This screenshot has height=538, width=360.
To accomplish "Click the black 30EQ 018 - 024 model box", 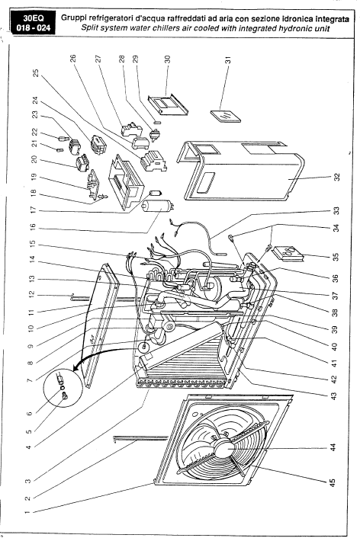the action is (33, 23).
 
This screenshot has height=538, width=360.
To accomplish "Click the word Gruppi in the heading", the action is (72, 19).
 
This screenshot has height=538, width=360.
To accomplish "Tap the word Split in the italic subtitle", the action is (89, 28).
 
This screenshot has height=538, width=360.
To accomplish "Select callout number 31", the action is (227, 60).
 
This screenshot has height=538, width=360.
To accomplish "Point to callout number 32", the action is (336, 177).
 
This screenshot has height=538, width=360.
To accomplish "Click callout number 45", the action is (333, 482).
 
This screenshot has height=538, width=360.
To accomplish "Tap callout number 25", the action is (35, 73).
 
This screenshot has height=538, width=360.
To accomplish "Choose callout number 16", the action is (32, 227).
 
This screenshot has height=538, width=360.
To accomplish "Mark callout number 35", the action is (336, 257).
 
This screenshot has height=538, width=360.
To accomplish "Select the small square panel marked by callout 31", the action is (225, 116).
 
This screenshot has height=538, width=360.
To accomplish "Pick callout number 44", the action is (333, 447).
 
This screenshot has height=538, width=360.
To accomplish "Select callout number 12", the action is (32, 294).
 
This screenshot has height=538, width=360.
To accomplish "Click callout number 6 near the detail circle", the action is (30, 414).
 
